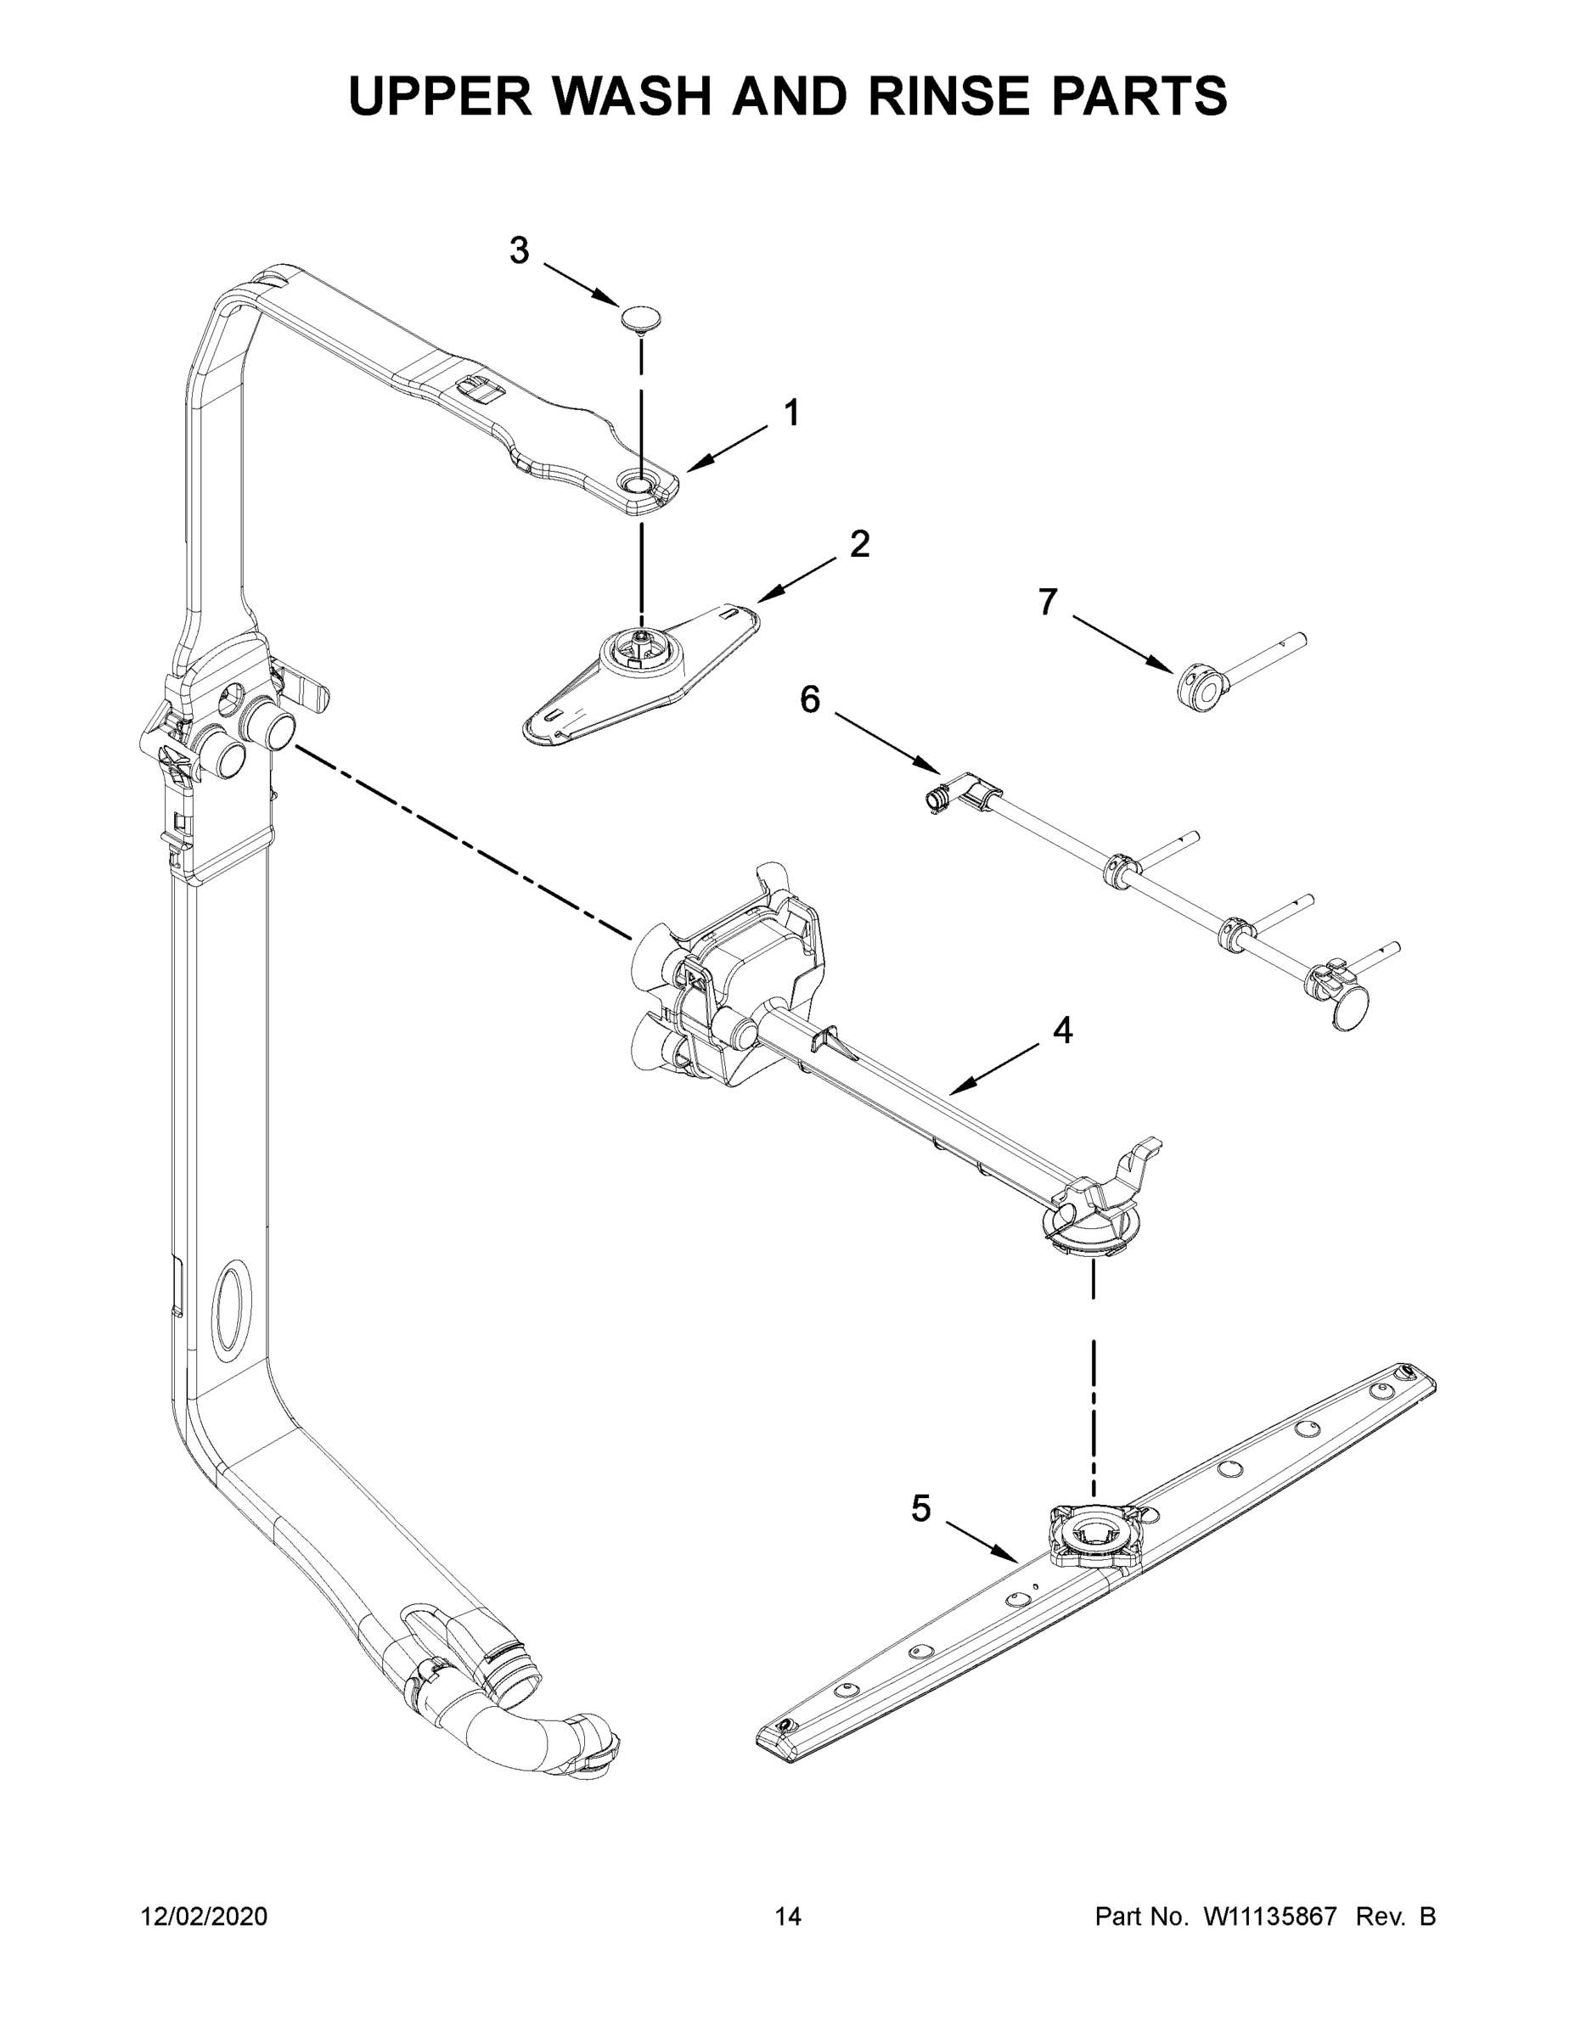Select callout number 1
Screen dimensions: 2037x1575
[x=791, y=412]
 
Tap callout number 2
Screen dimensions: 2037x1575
[x=859, y=544]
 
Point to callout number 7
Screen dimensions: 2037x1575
[x=1048, y=603]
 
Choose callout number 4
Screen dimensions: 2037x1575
[x=1063, y=1030]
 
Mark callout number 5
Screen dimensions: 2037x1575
[x=921, y=1508]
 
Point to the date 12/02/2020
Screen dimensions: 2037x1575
[x=204, y=1916]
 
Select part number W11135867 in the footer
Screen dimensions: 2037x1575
[x=1270, y=1916]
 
